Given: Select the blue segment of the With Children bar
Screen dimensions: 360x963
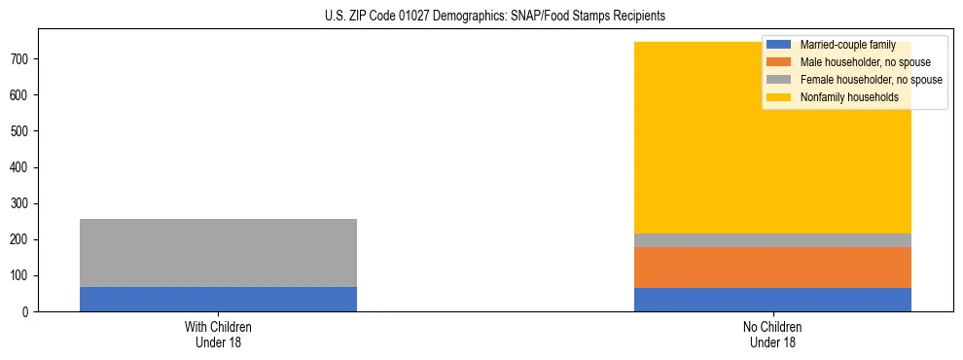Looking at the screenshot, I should [218, 299].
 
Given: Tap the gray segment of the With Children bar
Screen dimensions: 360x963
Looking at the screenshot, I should [218, 253].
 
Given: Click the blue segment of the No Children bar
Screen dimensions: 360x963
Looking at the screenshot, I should [772, 300].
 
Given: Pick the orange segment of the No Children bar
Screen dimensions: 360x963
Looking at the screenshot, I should [772, 268].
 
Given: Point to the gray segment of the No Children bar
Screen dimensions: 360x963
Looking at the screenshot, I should [772, 240].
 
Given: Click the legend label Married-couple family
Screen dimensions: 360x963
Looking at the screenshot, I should [847, 45].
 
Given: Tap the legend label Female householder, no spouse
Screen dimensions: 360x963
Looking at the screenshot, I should [871, 80].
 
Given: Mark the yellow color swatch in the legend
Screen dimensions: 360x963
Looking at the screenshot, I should [779, 97].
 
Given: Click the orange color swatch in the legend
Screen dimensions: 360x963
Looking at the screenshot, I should [779, 62].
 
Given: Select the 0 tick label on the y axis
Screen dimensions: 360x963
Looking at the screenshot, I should [27, 312].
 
